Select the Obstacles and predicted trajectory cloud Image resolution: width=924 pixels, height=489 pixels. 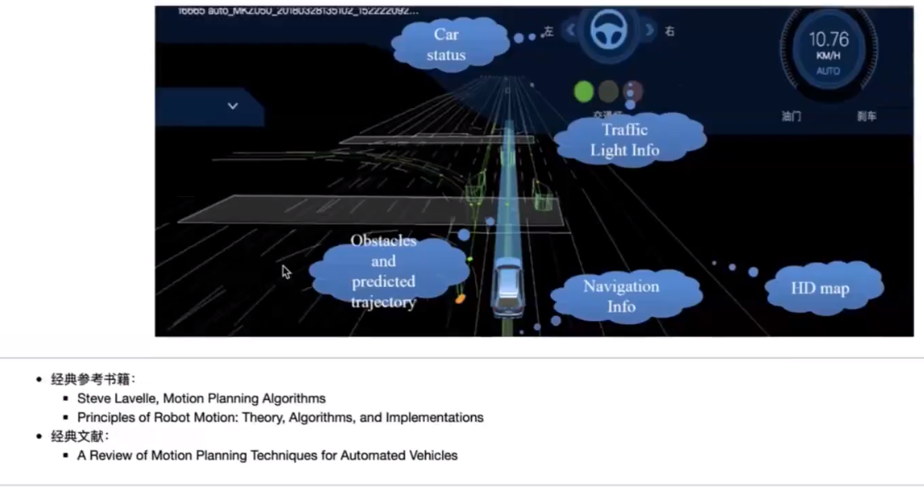[383, 271]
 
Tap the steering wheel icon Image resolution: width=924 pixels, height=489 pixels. [609, 31]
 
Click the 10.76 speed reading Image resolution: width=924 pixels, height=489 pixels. [828, 40]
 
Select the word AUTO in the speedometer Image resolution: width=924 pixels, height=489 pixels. [828, 71]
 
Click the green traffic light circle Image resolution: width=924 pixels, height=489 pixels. [584, 92]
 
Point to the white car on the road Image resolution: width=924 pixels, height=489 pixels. [508, 286]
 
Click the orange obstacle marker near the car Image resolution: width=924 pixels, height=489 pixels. [459, 299]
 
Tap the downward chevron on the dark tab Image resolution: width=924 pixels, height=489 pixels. [232, 106]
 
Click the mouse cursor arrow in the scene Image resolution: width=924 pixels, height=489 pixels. [287, 271]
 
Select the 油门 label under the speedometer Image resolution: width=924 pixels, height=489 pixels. [791, 116]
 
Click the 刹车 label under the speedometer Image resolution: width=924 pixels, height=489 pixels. [866, 116]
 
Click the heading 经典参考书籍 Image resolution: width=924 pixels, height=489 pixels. [98, 379]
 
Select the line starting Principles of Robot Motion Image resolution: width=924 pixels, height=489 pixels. [280, 417]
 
